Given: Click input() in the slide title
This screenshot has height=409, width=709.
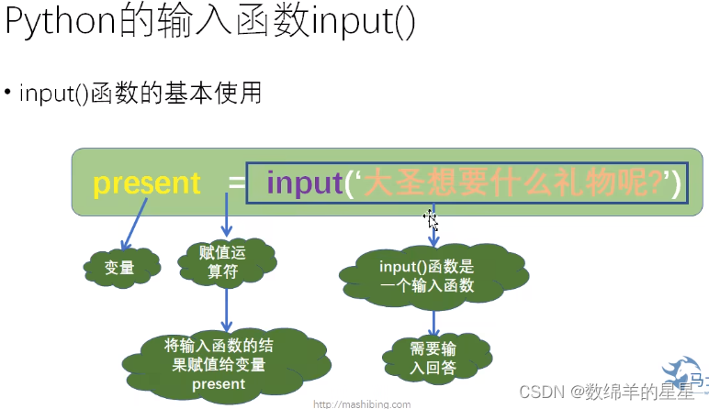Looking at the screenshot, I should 364,23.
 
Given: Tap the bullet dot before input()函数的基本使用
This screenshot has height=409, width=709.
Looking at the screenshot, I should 8,93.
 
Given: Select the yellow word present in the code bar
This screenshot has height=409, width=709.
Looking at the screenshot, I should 147,183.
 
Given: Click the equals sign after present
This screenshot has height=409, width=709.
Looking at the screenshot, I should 237,184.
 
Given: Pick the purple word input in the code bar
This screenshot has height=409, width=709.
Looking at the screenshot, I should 304,183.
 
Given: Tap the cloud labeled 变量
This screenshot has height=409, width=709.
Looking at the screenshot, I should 120,268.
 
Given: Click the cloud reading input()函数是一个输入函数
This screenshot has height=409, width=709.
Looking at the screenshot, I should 426,276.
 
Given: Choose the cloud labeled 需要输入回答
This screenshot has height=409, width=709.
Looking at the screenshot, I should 432,358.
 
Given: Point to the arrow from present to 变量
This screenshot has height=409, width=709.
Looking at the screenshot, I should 133,226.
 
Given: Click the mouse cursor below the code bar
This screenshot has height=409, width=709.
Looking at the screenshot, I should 430,219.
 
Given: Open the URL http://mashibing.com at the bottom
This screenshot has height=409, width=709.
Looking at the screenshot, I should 363,403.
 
